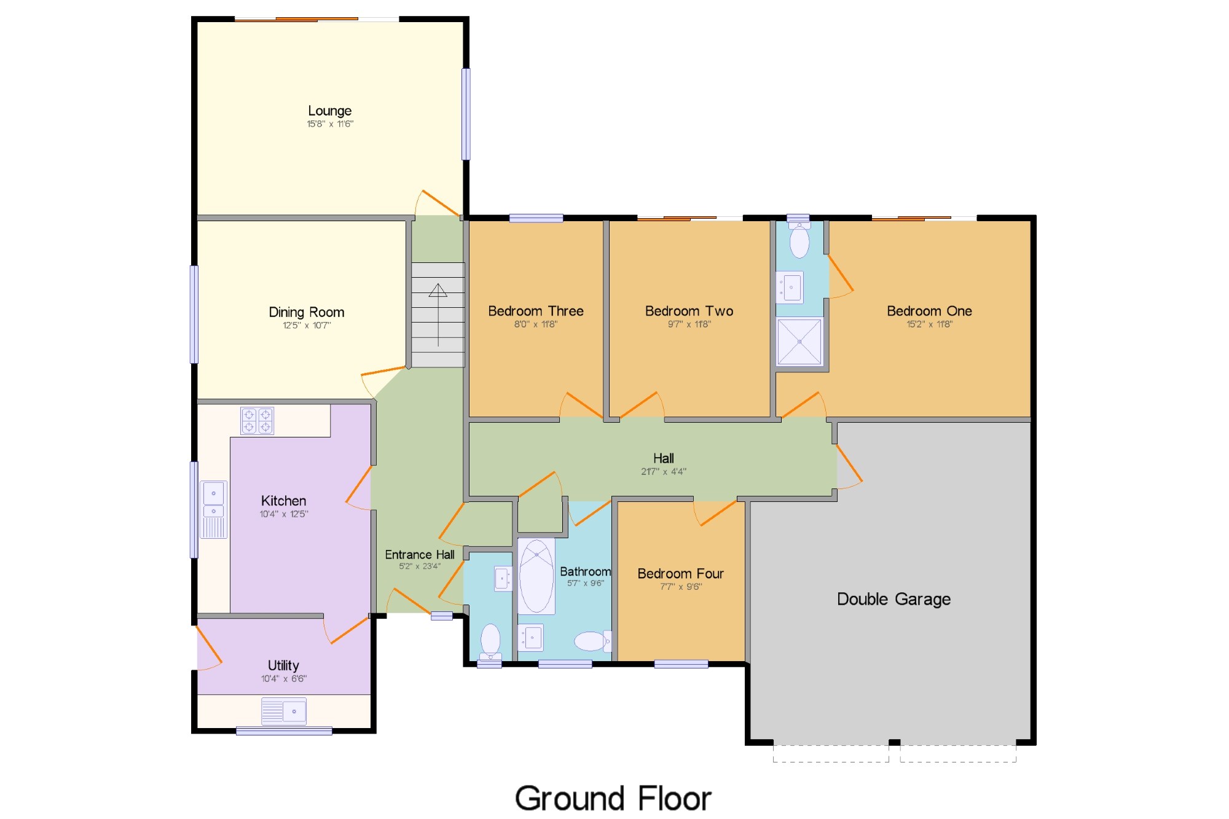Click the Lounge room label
[330, 111]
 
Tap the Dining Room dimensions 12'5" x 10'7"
[307, 325]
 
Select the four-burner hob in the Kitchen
[257, 421]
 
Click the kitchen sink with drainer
[213, 509]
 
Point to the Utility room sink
[284, 711]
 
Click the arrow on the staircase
[438, 315]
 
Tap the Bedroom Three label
[536, 311]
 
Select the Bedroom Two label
[689, 311]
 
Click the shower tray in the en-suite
[799, 341]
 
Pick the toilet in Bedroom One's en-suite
[799, 240]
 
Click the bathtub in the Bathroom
[536, 576]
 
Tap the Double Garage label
[894, 599]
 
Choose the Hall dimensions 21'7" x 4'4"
[664, 471]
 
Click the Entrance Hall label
[420, 555]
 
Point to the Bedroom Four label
[681, 573]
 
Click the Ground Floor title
[613, 799]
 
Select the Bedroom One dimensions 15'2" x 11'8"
[930, 324]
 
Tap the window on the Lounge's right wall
[466, 114]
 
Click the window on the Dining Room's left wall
[194, 314]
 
